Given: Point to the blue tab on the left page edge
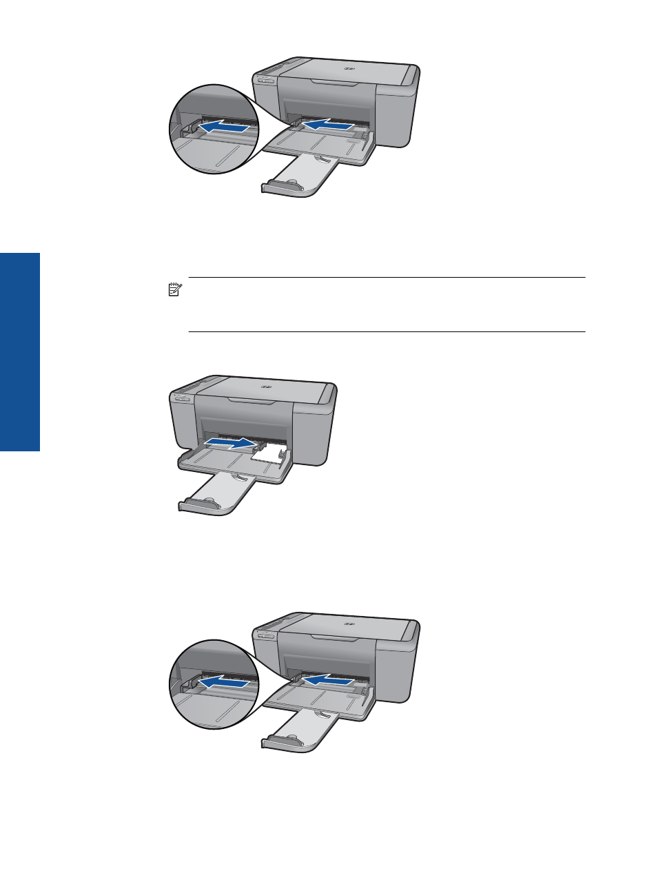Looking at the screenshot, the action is point(20,351).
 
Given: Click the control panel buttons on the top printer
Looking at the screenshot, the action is point(265,80).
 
